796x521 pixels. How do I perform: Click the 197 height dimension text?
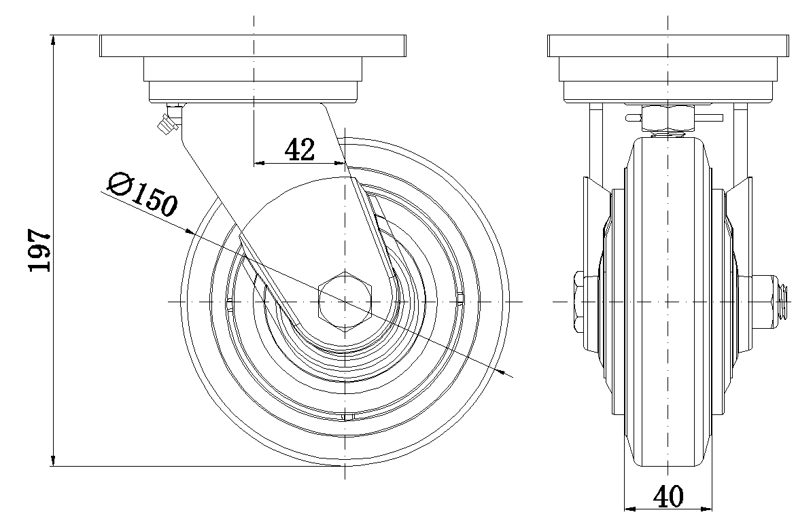39,250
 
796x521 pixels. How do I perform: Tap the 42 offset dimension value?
299,150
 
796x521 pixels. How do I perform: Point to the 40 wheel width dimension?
668,497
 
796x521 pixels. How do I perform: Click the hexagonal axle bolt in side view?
345,301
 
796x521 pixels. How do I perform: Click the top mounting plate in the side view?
252,46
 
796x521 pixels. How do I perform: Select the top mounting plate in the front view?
668,46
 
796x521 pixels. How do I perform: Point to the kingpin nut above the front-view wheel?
669,119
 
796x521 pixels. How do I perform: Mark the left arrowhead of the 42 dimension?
259,163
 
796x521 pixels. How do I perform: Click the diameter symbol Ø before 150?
120,183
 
